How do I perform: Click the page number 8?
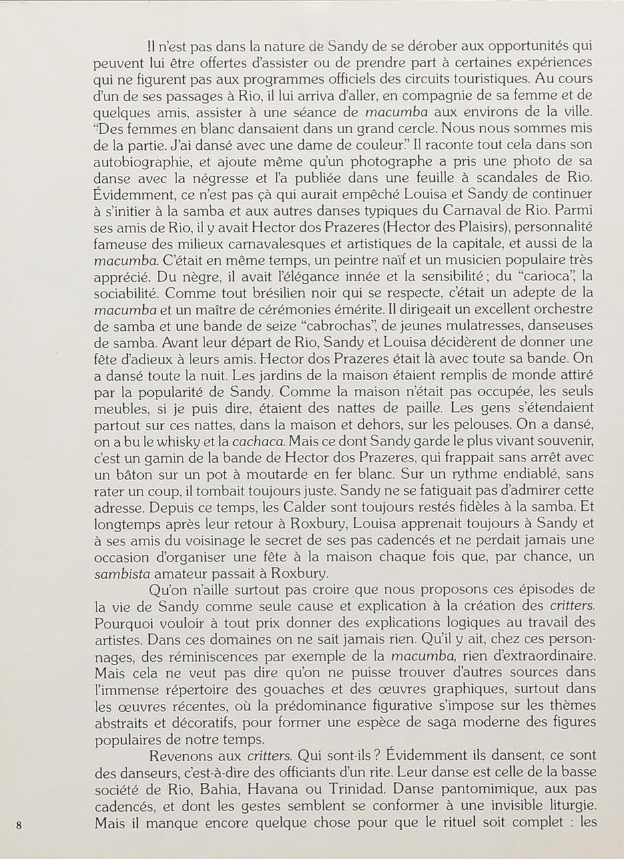[19, 825]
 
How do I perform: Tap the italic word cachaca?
[259, 441]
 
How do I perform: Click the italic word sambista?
[122, 573]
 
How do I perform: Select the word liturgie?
[564, 806]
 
